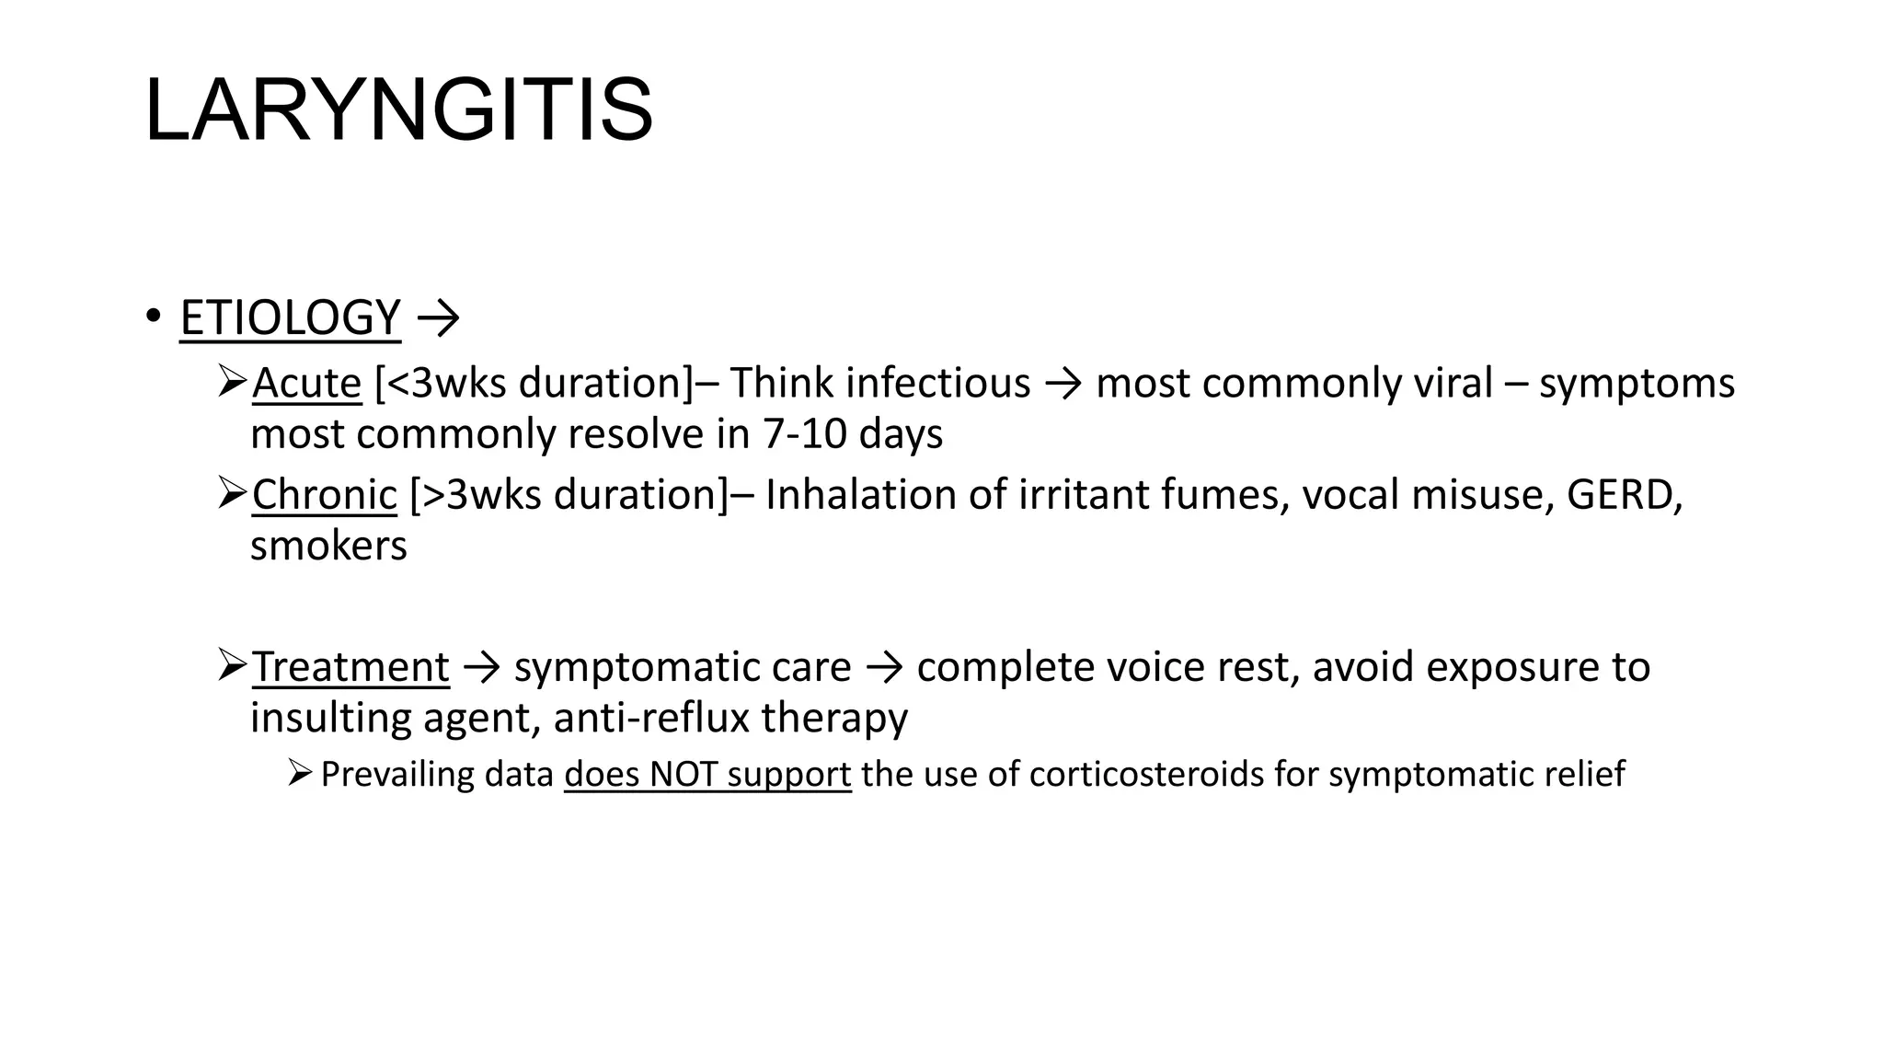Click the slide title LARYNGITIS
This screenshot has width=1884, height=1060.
tap(398, 110)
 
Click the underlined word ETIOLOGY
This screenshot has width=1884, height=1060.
tap(290, 317)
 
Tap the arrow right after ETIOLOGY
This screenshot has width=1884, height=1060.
tap(438, 319)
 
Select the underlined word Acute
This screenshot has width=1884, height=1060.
tap(306, 383)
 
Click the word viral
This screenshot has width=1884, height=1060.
tap(1453, 383)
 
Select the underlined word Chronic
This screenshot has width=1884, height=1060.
tap(324, 495)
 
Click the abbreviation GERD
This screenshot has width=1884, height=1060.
tap(1623, 495)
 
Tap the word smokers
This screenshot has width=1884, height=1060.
tap(328, 546)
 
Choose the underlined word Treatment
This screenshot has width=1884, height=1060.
tap(350, 667)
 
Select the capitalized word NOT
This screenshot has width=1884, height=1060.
tap(683, 775)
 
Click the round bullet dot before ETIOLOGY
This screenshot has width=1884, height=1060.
tap(153, 317)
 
